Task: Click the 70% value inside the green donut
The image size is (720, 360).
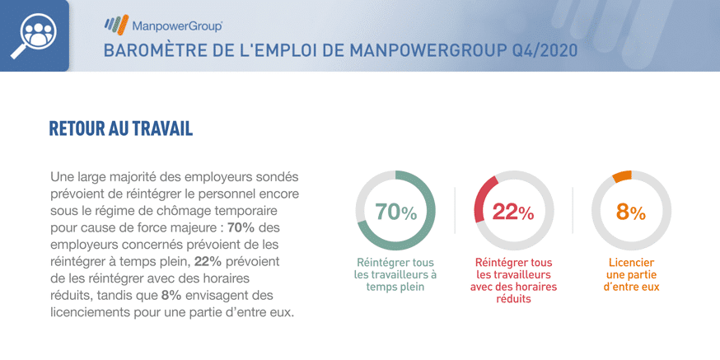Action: tap(395, 212)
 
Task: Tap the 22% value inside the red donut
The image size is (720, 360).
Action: tap(513, 212)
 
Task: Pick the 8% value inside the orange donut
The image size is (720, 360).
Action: tap(631, 212)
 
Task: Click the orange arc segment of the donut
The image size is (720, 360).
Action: tap(622, 175)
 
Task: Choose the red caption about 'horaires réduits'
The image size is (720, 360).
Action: tap(513, 280)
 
